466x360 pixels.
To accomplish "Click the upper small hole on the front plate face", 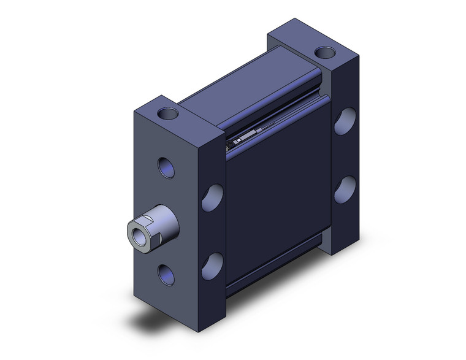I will tap(166, 167).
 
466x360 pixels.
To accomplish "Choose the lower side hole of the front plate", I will tap(212, 264).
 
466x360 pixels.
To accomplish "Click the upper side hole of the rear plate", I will tap(345, 121).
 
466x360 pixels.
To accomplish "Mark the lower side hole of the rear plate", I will tap(345, 190).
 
